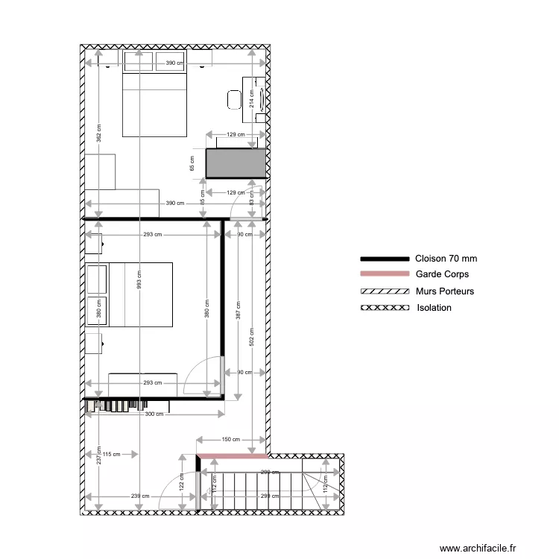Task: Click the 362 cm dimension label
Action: (99, 132)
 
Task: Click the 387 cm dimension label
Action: (238, 309)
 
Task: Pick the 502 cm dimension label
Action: (252, 338)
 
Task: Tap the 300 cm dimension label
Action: (154, 414)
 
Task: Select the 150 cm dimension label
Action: (231, 440)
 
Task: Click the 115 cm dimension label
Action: (112, 454)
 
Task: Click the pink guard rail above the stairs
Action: (232, 456)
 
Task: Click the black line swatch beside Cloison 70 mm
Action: (385, 259)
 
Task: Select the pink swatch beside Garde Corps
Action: (385, 274)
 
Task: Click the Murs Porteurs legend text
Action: (445, 291)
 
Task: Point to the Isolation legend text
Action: (435, 307)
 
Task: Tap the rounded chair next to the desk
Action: (234, 98)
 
